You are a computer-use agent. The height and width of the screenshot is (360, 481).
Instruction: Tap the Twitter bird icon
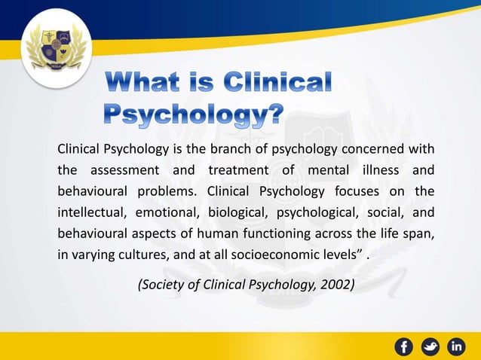click(x=430, y=346)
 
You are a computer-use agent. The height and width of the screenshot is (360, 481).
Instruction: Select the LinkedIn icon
click(x=457, y=346)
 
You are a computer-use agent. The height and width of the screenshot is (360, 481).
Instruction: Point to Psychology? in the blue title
click(x=193, y=114)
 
